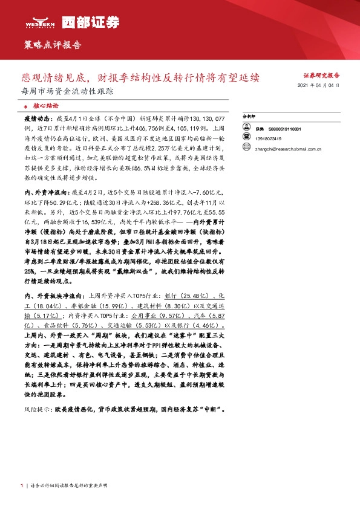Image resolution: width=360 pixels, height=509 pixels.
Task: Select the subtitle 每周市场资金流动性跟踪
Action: (67, 92)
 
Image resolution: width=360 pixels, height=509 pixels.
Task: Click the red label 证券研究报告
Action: (321, 76)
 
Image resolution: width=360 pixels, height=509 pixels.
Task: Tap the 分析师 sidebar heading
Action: (249, 115)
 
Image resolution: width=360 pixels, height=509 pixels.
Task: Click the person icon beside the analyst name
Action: (246, 129)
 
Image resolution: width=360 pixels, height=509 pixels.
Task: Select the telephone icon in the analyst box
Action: (246, 137)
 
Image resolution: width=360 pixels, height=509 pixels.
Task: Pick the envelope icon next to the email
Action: (246, 146)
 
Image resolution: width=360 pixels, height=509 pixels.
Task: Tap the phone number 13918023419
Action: (268, 137)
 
